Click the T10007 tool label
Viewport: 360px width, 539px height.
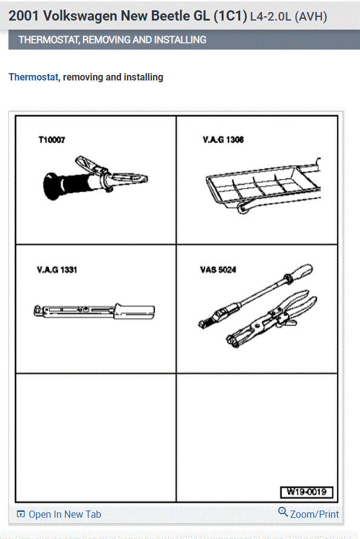(51, 140)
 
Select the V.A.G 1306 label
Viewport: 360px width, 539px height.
(223, 140)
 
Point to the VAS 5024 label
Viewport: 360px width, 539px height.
(219, 269)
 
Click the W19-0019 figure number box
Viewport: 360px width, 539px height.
(306, 492)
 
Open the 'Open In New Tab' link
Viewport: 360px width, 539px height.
(65, 514)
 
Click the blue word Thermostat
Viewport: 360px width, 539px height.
(33, 77)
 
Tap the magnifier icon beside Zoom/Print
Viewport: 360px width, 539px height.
(283, 512)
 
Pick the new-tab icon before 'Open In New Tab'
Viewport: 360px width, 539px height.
(21, 515)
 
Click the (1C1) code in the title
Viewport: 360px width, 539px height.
(230, 16)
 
